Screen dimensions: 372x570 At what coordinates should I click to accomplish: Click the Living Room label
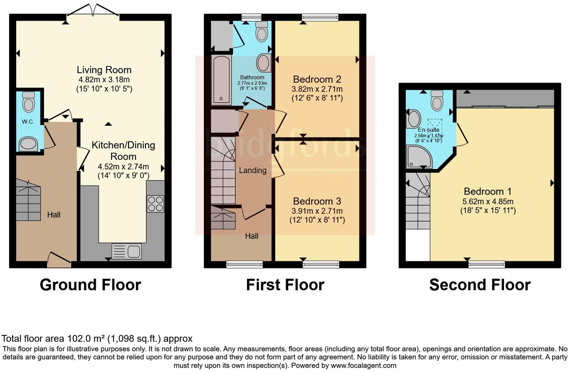tap(104, 70)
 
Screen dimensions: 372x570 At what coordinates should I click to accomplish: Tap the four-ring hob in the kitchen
tap(155, 204)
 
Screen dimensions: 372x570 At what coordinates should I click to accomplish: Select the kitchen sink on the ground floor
tap(127, 251)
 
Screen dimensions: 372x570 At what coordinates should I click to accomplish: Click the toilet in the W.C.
tap(28, 102)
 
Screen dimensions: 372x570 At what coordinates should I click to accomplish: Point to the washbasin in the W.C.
tap(28, 144)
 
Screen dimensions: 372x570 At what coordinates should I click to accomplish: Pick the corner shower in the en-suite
tap(419, 157)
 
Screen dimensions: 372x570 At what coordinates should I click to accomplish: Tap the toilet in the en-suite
tap(437, 100)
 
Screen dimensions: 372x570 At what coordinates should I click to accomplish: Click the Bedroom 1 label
tap(487, 191)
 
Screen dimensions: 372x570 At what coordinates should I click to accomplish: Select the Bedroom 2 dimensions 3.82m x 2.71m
tap(317, 89)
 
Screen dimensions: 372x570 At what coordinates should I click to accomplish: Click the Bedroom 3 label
tap(317, 201)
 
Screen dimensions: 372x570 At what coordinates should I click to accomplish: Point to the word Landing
tap(252, 170)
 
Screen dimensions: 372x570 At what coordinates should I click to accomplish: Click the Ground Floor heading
tap(90, 285)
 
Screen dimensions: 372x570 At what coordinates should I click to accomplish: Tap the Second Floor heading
tap(480, 285)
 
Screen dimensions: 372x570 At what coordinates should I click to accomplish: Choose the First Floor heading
tap(285, 285)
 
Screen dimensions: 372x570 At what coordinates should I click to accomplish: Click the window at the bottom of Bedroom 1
tap(486, 265)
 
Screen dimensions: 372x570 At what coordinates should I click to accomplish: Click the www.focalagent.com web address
tap(363, 365)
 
